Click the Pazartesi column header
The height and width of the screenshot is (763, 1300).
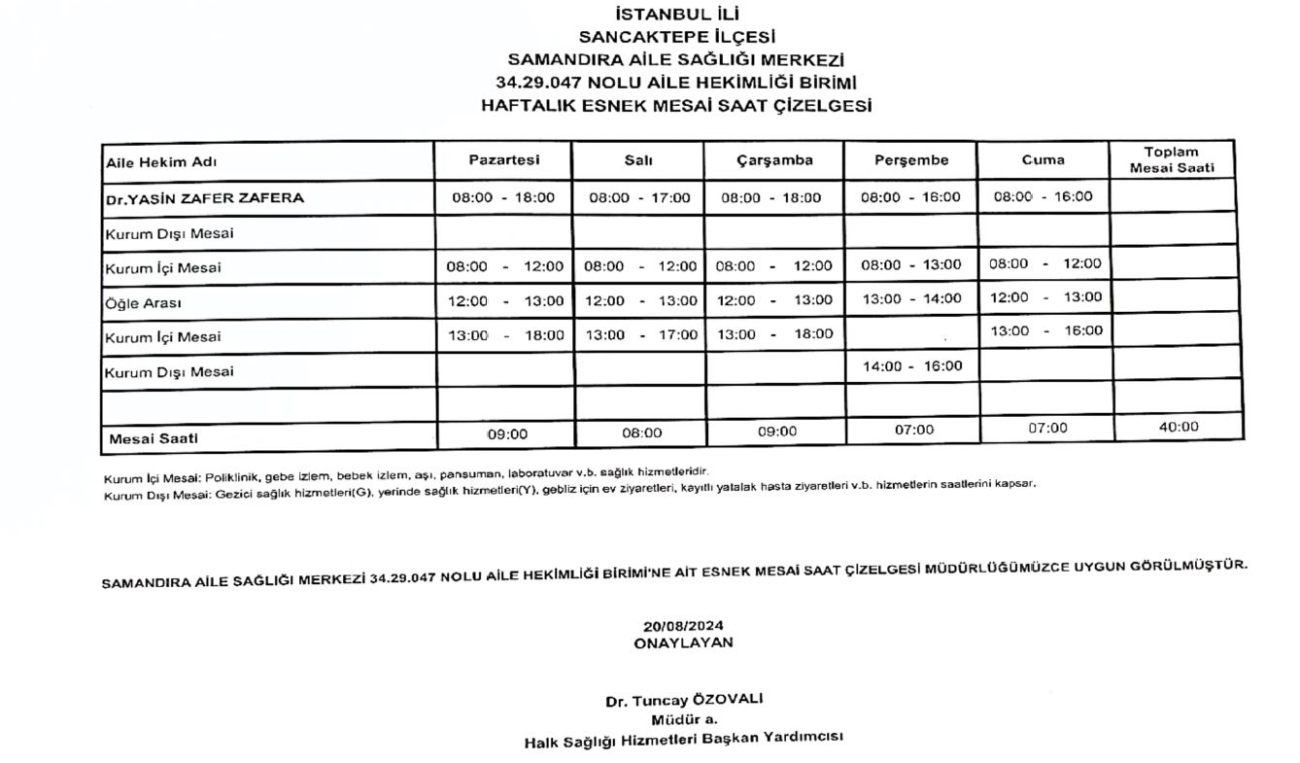point(503,160)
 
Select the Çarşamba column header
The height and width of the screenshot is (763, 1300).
point(773,160)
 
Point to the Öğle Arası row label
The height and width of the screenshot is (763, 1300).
point(143,302)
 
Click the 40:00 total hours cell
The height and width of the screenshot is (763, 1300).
point(1178,427)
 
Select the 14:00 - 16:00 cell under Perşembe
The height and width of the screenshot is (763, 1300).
point(911,365)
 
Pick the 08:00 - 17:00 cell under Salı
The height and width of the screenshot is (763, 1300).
point(639,197)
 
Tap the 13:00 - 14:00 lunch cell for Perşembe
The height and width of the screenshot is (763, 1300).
point(911,298)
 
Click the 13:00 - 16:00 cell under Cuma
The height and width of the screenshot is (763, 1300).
point(1045,330)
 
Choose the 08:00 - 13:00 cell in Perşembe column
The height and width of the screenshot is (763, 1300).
point(911,264)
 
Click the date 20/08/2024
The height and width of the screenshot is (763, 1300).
point(683,626)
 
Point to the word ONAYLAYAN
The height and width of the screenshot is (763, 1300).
point(683,642)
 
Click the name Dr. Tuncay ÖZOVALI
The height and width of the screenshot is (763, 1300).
point(684,701)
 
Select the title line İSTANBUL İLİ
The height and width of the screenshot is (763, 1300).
point(676,15)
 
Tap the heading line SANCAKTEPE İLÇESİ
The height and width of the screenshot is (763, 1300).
point(676,37)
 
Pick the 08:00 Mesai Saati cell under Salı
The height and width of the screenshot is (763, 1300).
point(641,433)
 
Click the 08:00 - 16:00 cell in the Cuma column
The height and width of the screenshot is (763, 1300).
point(1043,196)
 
